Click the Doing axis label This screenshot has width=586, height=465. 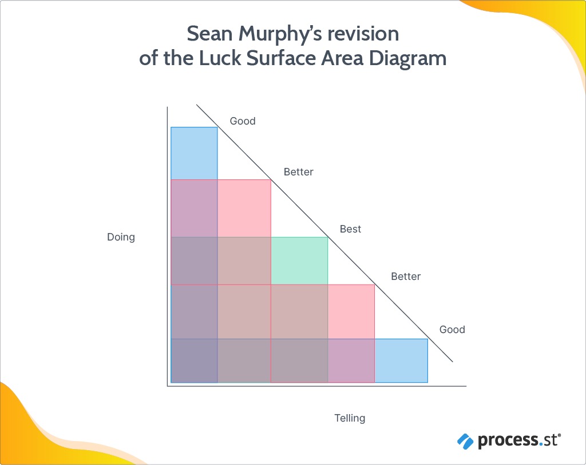(121, 237)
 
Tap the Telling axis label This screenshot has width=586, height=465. (350, 418)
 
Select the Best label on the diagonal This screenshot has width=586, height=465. (350, 229)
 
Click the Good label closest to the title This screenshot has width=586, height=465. (243, 121)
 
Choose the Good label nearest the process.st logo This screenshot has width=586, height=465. (452, 330)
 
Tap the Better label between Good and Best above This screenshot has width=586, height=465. (299, 172)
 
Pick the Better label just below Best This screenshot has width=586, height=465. (406, 276)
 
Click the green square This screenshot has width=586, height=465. (299, 261)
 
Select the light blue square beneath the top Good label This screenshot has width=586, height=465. (194, 154)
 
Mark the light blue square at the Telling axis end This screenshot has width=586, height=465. (401, 360)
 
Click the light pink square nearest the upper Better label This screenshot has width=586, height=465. (244, 209)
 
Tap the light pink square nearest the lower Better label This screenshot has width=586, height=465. (351, 311)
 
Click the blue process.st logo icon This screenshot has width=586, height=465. (465, 442)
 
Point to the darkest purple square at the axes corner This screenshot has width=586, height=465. (194, 360)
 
